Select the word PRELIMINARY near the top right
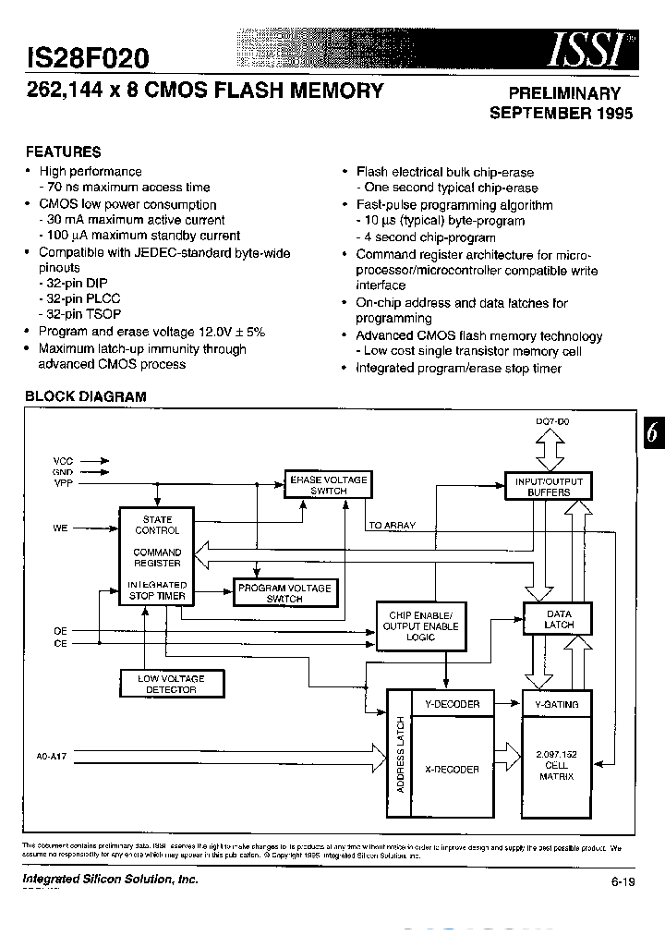[x=565, y=93]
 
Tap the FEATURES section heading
[x=63, y=152]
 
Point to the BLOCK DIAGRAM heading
[x=85, y=396]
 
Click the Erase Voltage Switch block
[x=328, y=485]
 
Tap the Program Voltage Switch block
[x=284, y=593]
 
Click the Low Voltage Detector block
[x=171, y=684]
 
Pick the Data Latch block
[x=559, y=619]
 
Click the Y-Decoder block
[x=452, y=704]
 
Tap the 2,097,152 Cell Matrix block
[x=558, y=765]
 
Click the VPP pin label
[x=63, y=483]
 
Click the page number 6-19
[x=623, y=882]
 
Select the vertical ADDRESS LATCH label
[x=399, y=755]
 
